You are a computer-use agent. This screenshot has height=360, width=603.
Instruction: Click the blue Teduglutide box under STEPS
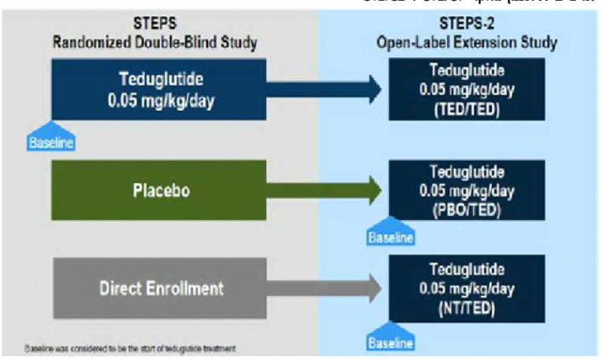pyautogui.click(x=159, y=90)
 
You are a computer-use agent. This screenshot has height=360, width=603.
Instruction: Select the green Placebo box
pyautogui.click(x=159, y=190)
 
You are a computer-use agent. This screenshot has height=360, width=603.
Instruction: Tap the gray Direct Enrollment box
pyautogui.click(x=159, y=288)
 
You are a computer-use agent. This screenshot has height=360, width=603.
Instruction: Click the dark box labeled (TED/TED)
pyautogui.click(x=464, y=90)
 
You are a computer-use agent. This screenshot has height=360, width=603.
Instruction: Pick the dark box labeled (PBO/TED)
pyautogui.click(x=464, y=191)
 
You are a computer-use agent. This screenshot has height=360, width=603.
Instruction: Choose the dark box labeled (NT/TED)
pyautogui.click(x=464, y=288)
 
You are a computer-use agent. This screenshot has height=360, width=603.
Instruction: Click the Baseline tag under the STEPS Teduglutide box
pyautogui.click(x=52, y=140)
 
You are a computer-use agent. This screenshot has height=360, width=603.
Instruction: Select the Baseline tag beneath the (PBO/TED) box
pyautogui.click(x=390, y=236)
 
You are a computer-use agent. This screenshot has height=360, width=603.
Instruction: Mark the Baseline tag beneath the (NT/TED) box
pyautogui.click(x=390, y=340)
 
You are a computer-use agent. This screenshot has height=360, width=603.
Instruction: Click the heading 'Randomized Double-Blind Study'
pyautogui.click(x=155, y=42)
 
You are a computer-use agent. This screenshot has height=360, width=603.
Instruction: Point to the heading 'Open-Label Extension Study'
pyautogui.click(x=467, y=42)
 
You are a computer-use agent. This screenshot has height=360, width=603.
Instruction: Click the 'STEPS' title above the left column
pyautogui.click(x=155, y=25)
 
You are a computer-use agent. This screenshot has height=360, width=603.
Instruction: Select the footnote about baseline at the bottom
pyautogui.click(x=130, y=349)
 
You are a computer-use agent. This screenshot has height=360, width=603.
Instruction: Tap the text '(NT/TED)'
pyautogui.click(x=465, y=308)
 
